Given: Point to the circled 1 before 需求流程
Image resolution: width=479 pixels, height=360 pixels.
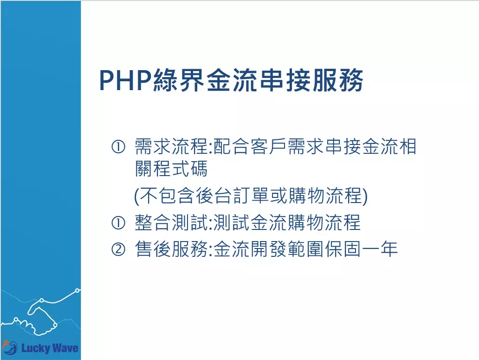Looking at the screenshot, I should [118, 147].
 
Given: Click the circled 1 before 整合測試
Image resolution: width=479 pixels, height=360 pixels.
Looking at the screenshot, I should [118, 223].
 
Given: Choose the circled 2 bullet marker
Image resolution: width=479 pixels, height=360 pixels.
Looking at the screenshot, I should [118, 249].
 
